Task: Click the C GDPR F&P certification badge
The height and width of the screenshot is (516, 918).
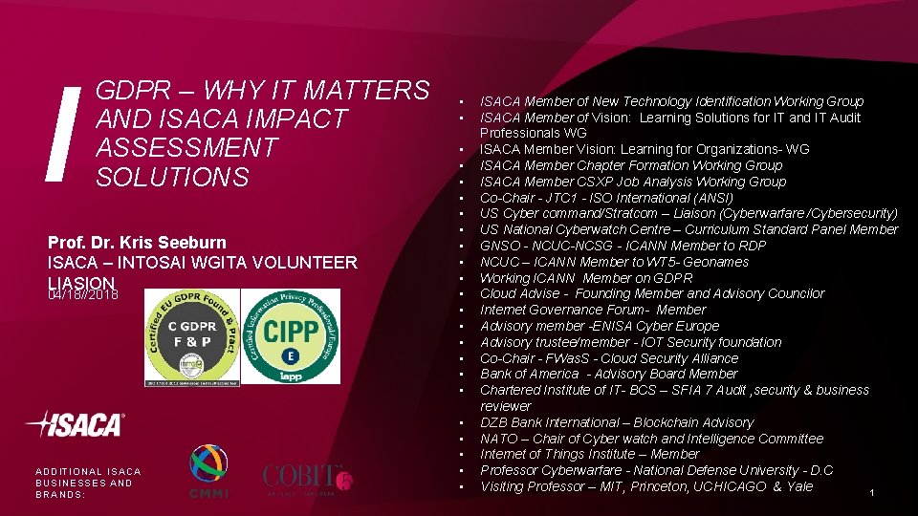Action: pos(193,336)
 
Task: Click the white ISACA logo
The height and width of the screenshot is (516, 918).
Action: pos(76,424)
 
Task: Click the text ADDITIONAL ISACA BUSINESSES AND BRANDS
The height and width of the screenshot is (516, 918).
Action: pos(87,483)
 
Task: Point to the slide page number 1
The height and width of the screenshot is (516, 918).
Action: pos(872,493)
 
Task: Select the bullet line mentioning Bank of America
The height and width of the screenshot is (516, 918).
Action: pos(608,374)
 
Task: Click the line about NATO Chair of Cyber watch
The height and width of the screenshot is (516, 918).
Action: pos(650,439)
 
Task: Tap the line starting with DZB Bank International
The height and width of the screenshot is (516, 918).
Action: pos(616,422)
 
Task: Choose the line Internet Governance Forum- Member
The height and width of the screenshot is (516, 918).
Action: pos(592,310)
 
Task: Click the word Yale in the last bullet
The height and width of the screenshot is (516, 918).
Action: pos(798,486)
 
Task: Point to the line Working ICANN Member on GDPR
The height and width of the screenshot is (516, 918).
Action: pos(585,278)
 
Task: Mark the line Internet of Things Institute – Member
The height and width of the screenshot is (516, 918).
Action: pos(589,454)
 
